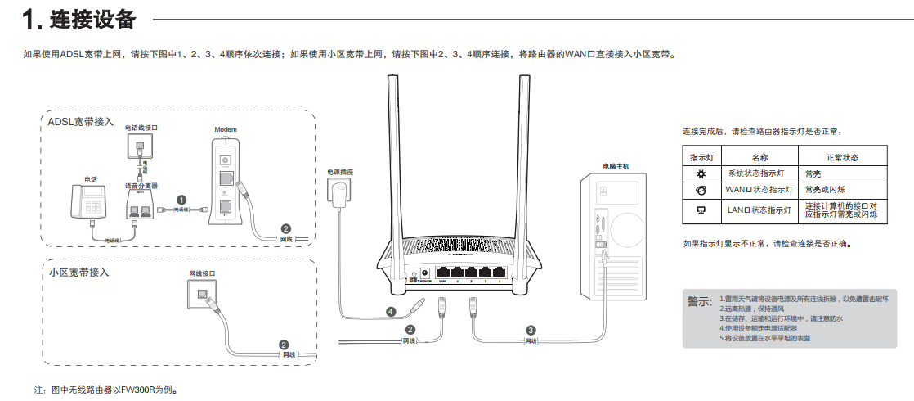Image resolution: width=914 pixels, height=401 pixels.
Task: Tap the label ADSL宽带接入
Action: click(80, 122)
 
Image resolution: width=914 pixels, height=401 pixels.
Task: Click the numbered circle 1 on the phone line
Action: click(181, 199)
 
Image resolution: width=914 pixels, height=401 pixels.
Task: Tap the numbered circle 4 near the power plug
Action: click(391, 311)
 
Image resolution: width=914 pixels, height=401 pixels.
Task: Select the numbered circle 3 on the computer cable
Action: click(531, 329)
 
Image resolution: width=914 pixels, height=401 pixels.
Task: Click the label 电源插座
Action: click(340, 173)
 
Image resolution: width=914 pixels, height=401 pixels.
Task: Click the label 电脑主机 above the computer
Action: click(616, 166)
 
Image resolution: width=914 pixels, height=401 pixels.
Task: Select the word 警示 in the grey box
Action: click(700, 302)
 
